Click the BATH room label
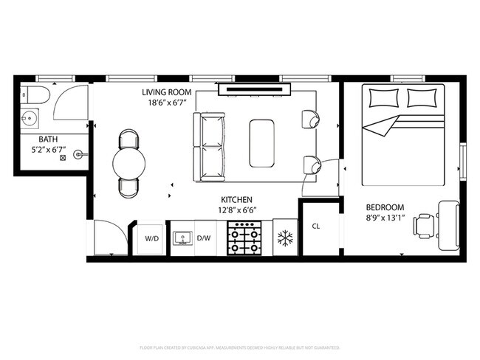28,138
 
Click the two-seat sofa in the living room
208,148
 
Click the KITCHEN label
237,200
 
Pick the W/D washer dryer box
151,238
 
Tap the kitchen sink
182,238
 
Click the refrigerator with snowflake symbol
284,238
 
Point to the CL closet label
316,226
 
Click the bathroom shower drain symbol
63,156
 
